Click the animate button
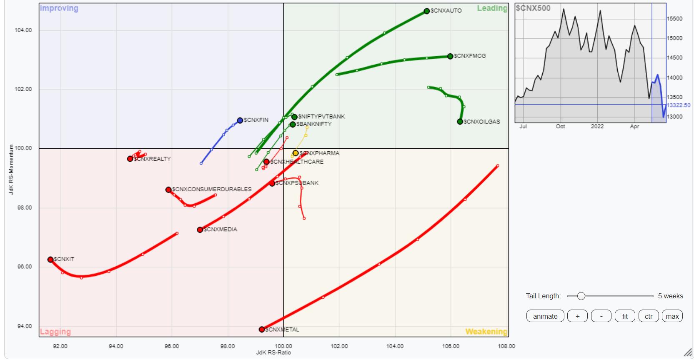tap(545, 316)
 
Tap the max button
tap(672, 316)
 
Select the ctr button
tap(649, 316)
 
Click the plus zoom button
tap(577, 316)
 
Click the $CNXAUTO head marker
tap(426, 11)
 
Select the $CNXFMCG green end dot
tap(450, 56)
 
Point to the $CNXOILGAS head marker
tap(460, 122)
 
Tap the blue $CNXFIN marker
tap(240, 120)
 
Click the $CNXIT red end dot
tap(50, 260)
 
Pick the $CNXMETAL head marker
tap(262, 330)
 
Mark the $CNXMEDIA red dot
tap(200, 230)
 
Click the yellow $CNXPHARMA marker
tap(296, 153)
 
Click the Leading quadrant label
tap(492, 8)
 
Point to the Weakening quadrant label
tap(486, 332)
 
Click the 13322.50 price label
tap(679, 105)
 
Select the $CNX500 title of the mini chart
tap(533, 8)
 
